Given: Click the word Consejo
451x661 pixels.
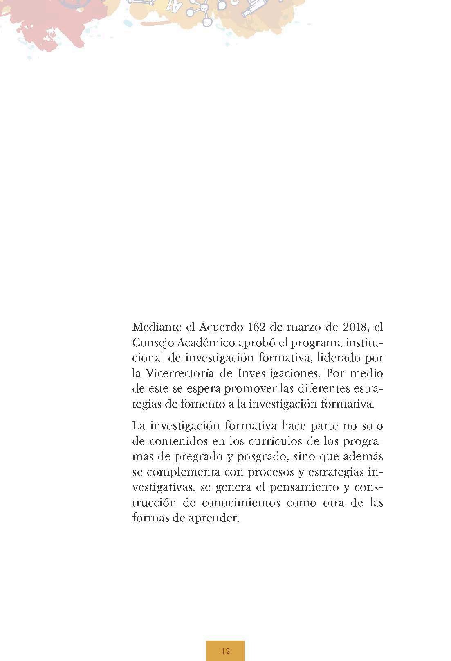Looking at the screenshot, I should point(151,343).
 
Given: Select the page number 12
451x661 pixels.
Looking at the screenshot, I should point(225,651).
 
